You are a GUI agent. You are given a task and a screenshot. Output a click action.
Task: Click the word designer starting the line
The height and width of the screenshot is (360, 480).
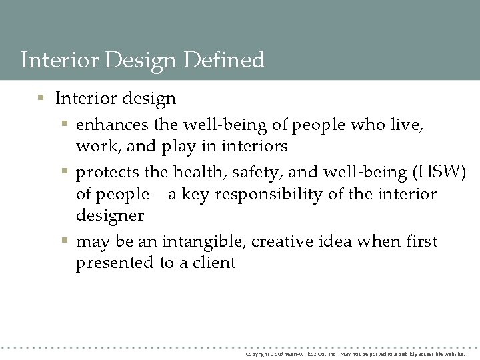110,216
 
